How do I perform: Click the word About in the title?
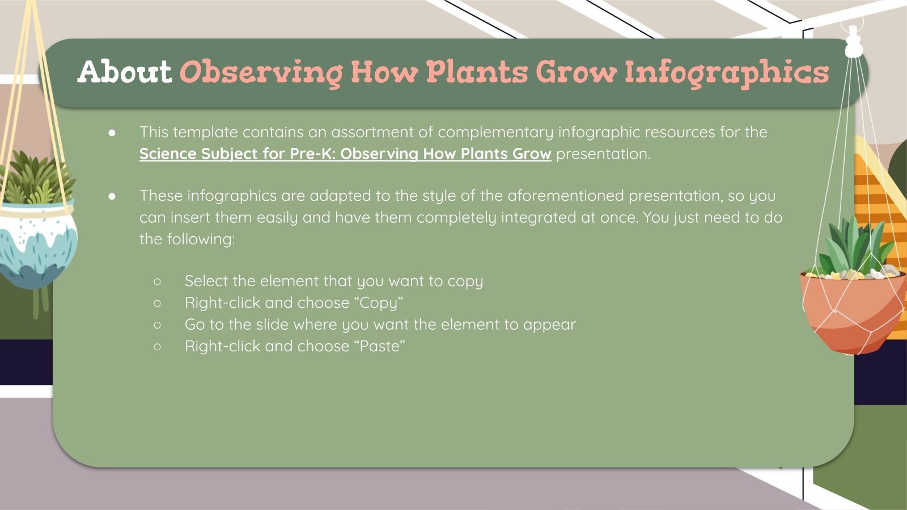tap(124, 72)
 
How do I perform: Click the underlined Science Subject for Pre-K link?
tap(345, 154)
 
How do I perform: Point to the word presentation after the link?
tap(603, 154)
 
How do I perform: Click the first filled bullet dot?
tap(112, 132)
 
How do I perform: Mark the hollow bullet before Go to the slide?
tap(158, 324)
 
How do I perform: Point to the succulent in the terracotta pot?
tap(855, 246)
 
